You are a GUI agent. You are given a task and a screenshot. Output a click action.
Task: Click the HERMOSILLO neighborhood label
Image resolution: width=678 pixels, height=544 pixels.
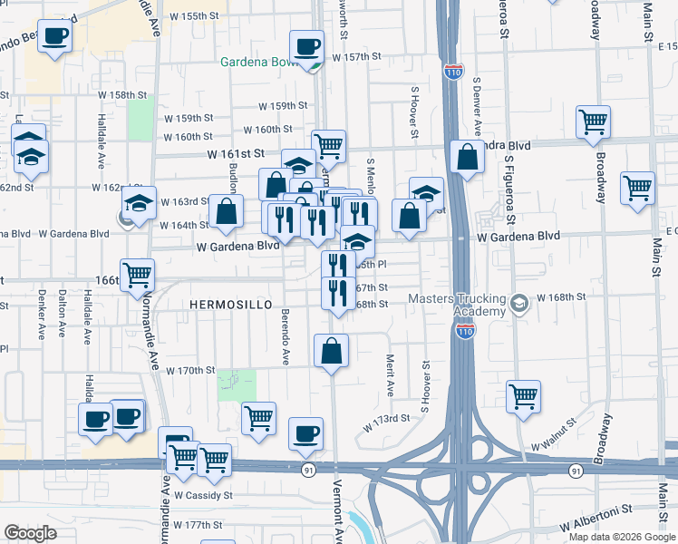click(231, 306)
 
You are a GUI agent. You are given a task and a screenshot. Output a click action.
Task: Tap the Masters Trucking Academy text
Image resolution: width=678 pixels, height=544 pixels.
click(462, 305)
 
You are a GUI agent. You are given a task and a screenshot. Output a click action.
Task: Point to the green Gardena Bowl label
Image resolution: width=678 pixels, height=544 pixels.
click(263, 63)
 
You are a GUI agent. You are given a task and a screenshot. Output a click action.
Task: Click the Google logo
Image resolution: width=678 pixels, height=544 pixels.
click(30, 532)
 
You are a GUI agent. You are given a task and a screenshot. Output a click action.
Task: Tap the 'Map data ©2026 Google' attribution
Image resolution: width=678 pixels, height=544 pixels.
click(622, 537)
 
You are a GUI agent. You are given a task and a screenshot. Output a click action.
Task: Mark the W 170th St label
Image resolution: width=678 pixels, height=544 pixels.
click(190, 370)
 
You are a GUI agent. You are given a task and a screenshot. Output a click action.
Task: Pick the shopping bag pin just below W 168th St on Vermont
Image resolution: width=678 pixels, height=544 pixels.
click(332, 350)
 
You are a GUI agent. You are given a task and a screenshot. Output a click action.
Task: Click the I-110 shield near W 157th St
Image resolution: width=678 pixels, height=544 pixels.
click(454, 70)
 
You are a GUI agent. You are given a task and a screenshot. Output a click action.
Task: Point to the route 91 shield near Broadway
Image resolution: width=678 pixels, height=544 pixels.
click(576, 471)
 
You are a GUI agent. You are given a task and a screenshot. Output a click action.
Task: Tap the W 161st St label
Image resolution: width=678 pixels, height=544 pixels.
click(234, 154)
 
